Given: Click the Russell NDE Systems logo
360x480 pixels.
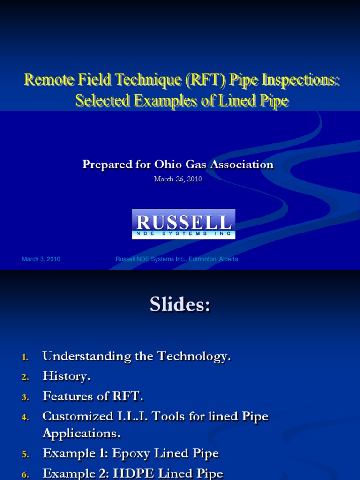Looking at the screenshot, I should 183,224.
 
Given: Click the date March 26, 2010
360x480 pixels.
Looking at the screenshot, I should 178,179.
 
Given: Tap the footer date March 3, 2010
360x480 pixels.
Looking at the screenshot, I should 41,259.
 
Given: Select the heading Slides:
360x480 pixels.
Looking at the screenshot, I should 180,305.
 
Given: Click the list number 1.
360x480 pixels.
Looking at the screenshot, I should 25,358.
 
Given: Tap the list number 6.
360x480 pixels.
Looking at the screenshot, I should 25,475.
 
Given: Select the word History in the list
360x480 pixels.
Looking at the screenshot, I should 65,376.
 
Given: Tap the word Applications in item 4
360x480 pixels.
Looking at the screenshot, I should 80,434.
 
